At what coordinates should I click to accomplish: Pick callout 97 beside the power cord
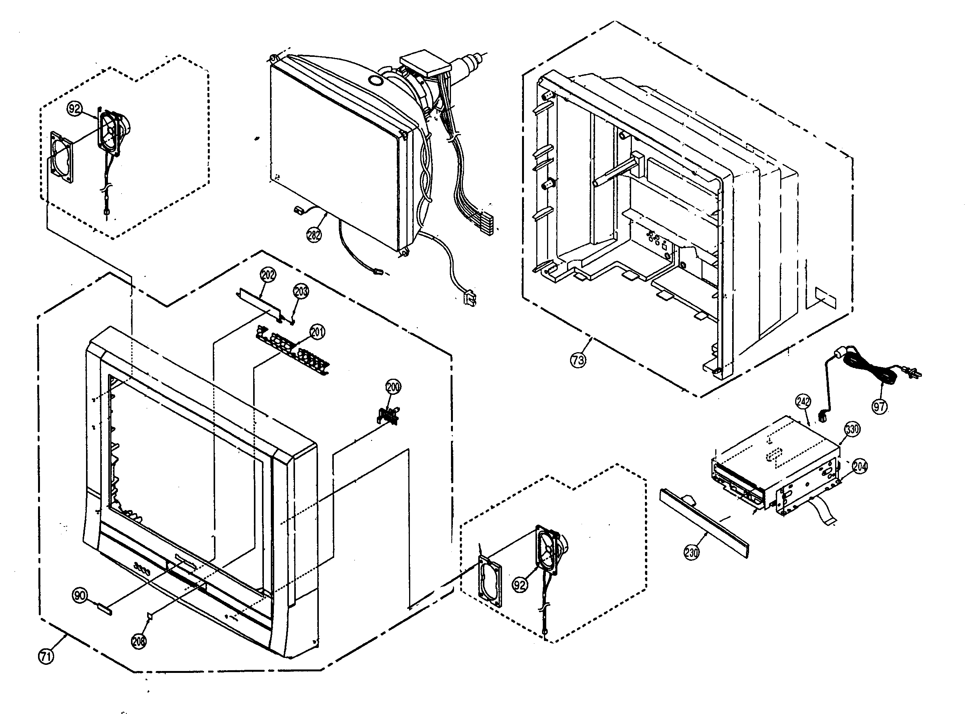point(880,406)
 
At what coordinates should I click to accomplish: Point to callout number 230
point(691,552)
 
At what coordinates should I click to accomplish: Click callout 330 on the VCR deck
point(852,429)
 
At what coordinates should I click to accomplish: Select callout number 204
point(860,466)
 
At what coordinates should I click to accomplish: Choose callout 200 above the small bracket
point(393,387)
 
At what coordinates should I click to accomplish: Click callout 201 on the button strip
point(318,332)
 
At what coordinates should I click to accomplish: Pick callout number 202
point(268,275)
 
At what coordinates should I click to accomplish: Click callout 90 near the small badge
point(80,596)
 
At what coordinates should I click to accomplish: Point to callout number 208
point(139,641)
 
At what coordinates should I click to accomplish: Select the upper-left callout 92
point(75,109)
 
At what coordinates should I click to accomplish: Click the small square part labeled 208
point(150,615)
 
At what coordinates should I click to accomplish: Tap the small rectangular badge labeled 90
point(105,610)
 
